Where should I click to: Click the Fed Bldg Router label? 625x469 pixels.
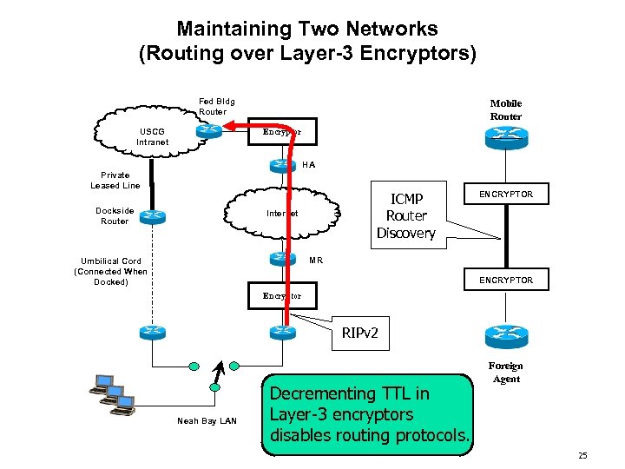tap(216, 106)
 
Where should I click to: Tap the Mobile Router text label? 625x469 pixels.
tap(505, 109)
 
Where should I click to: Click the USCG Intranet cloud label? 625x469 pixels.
tap(153, 136)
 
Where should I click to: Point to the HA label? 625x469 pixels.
tap(309, 164)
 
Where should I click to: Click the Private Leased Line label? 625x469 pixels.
tap(115, 180)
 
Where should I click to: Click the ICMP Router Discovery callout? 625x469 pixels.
tap(405, 215)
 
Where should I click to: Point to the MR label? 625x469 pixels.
tap(316, 260)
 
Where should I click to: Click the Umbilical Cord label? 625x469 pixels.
tap(111, 271)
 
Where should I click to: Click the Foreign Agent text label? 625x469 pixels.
tap(506, 373)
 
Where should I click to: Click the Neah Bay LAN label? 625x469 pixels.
tap(207, 421)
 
